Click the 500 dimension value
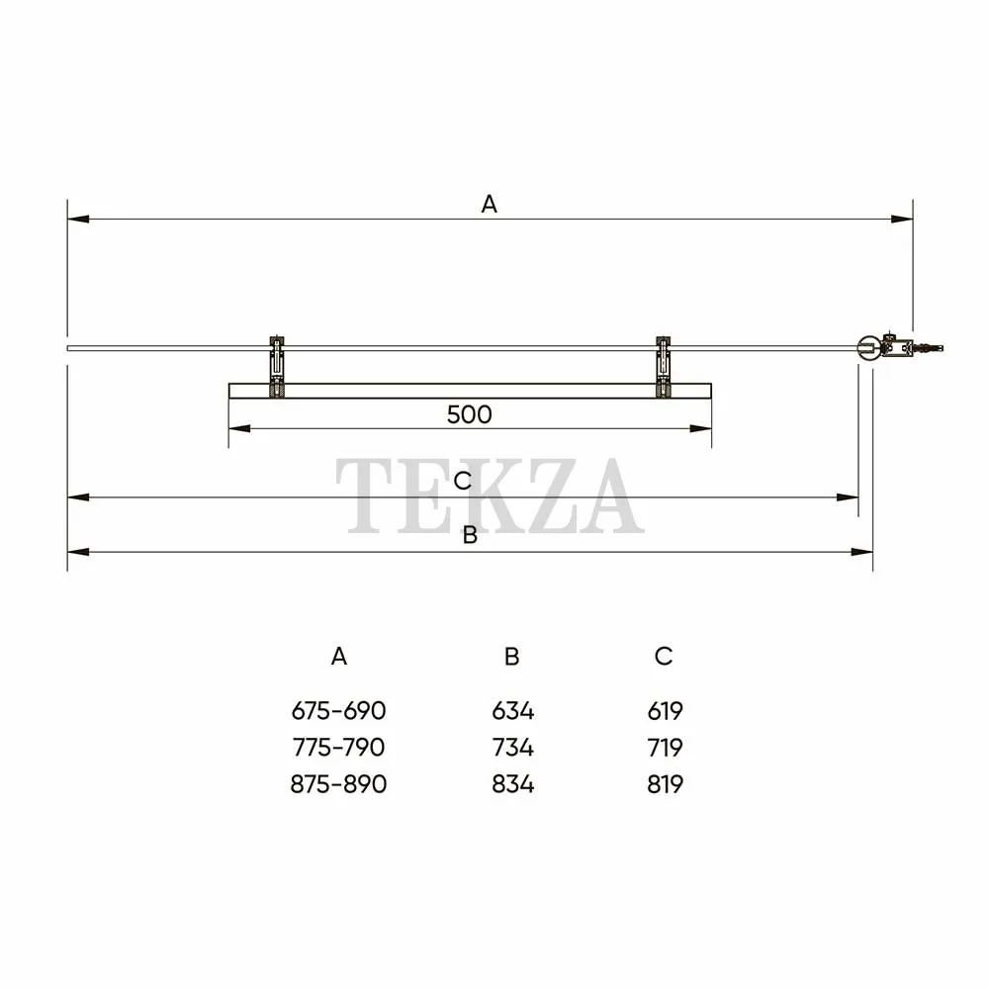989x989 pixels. (x=469, y=414)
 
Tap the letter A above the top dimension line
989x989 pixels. (x=489, y=205)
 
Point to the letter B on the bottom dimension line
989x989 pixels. (x=470, y=535)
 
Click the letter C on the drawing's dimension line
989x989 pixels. (x=462, y=481)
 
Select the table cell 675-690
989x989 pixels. (x=338, y=711)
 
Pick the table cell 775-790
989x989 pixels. (x=338, y=748)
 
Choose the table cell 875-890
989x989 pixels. (x=338, y=784)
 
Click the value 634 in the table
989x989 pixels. (x=512, y=711)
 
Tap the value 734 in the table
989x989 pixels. (x=512, y=748)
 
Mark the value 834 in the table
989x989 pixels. (x=512, y=784)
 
